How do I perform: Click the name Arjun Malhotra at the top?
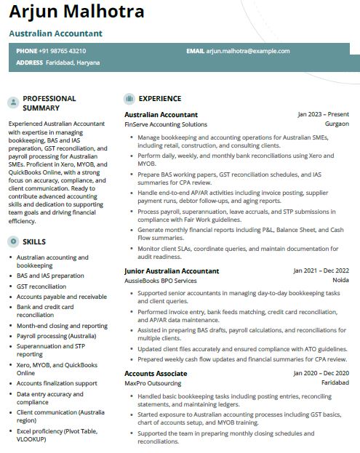pos(76,12)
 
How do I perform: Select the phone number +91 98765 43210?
pos(62,51)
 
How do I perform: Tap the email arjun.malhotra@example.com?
pos(248,51)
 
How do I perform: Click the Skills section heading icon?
pos(13,242)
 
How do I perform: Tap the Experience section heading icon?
pos(129,99)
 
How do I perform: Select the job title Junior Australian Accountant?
pos(172,271)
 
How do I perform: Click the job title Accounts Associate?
pos(156,373)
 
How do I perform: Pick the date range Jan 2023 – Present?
pos(323,115)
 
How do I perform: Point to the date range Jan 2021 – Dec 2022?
pos(321,271)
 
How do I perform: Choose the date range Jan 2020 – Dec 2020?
pos(321,373)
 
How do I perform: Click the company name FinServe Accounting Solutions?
pos(166,124)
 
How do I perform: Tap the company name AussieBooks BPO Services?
pos(161,281)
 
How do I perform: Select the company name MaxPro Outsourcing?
pos(152,382)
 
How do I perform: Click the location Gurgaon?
pos(337,124)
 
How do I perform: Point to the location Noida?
pos(340,281)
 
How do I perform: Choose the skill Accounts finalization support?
pos(57,383)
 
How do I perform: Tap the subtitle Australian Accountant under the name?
pos(55,33)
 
